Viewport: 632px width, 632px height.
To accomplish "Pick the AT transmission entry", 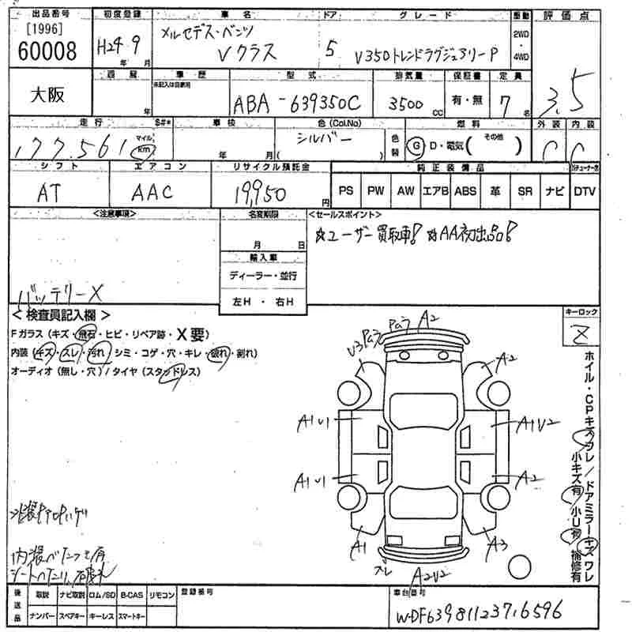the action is coord(51,192).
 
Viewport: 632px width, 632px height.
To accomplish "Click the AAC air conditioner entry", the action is coord(153,192).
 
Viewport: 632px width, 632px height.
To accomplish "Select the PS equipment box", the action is coord(345,191).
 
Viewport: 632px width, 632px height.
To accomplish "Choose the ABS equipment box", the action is coord(465,191).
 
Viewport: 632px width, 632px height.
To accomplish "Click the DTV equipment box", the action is coord(585,191).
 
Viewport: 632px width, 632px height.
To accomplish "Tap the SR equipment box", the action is coord(525,191).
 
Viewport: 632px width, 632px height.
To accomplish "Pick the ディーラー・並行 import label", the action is coord(263,276).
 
